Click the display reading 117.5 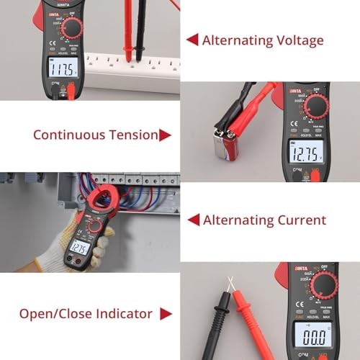(x=63, y=69)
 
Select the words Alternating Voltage (x=263, y=40)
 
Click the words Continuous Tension (x=95, y=135)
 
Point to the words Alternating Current (x=264, y=220)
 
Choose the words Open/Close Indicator (x=86, y=314)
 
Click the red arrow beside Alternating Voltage (x=192, y=40)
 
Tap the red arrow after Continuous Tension (x=165, y=135)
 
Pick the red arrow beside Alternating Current (x=193, y=220)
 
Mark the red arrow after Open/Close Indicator (x=166, y=314)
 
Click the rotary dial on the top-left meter (x=72, y=29)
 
